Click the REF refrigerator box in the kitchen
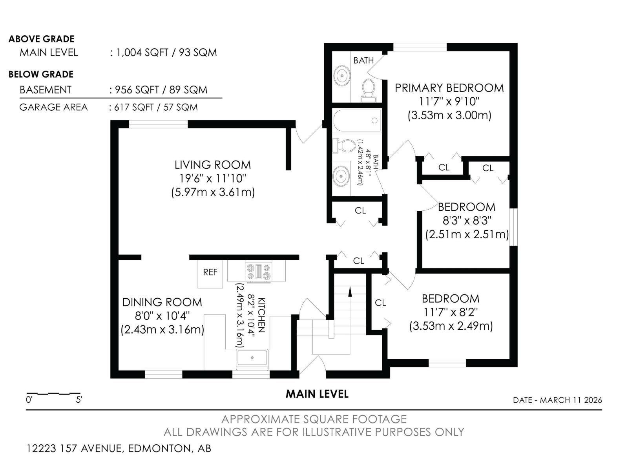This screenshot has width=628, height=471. tap(210, 272)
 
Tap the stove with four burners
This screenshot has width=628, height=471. tap(258, 272)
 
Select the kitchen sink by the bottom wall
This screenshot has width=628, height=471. tap(252, 358)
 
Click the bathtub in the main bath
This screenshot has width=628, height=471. tap(358, 120)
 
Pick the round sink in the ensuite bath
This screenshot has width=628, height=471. tap(342, 75)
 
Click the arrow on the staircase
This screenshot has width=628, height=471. tap(350, 291)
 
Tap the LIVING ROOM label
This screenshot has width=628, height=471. tap(212, 165)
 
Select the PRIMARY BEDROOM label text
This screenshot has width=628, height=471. tap(449, 88)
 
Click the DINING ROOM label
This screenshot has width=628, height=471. tap(162, 302)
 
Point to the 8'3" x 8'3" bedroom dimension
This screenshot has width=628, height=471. tap(467, 221)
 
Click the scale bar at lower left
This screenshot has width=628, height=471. tap(53, 394)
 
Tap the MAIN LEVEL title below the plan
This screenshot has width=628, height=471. tap(317, 394)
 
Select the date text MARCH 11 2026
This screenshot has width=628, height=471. tap(571, 400)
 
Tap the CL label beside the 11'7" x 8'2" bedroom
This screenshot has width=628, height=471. tap(380, 303)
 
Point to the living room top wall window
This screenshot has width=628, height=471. tap(159, 124)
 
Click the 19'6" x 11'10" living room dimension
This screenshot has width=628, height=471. tap(212, 179)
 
